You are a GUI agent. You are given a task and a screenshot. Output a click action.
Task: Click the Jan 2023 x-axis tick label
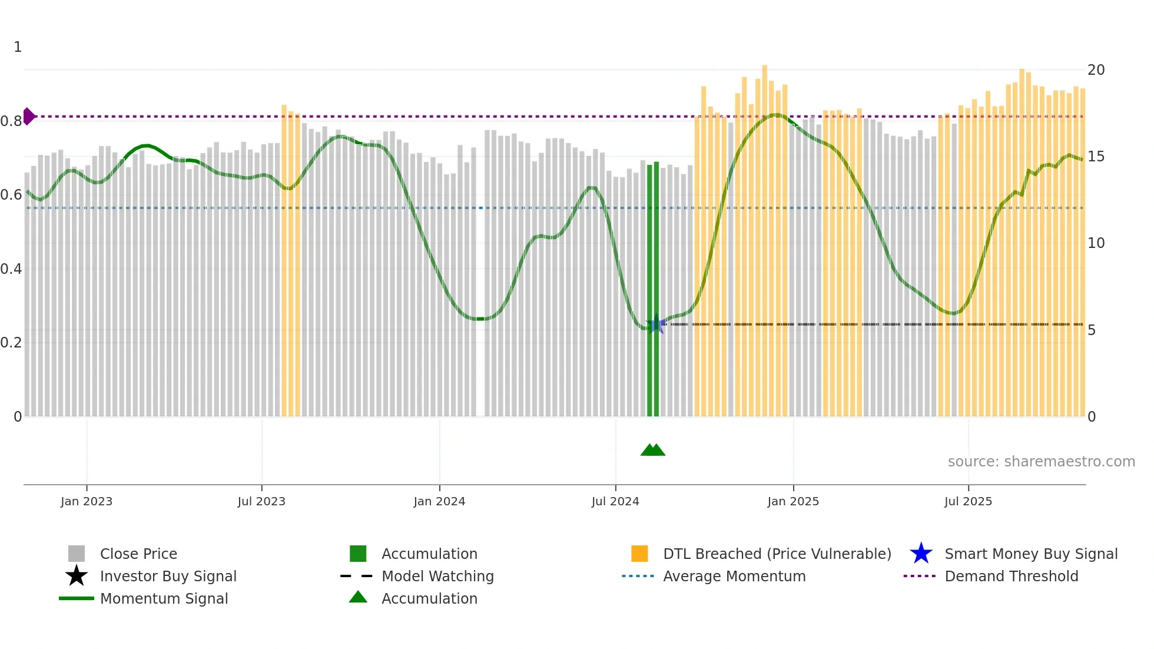point(86,501)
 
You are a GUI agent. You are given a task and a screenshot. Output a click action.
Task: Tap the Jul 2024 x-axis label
point(615,501)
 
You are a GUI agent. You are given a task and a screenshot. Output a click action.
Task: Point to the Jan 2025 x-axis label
point(793,501)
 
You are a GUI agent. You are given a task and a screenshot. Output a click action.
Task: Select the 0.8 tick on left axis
point(11,121)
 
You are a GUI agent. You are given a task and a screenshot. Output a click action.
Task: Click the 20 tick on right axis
point(1096,70)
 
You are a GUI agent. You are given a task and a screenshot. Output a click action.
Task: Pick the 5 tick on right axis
point(1092,330)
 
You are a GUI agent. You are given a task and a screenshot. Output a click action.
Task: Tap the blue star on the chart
point(656,324)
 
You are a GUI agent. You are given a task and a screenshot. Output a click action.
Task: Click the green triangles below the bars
point(653,450)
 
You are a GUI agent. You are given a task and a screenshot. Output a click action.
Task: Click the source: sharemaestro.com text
point(1041,462)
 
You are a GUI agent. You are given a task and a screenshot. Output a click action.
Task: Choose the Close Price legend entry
point(138,554)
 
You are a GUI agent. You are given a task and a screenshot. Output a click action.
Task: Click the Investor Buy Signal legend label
point(168,576)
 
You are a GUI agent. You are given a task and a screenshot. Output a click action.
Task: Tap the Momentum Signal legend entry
point(164,598)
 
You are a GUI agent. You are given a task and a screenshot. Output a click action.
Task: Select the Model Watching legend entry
point(437,576)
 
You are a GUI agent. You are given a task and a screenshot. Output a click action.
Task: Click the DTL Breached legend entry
point(777,554)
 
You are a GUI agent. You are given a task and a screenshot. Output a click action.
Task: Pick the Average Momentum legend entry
point(734,576)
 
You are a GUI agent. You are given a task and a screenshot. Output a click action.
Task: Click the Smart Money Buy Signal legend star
point(921,554)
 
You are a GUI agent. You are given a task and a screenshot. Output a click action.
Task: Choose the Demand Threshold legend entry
point(1011,576)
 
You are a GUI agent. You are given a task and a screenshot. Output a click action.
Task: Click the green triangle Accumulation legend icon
point(358,597)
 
